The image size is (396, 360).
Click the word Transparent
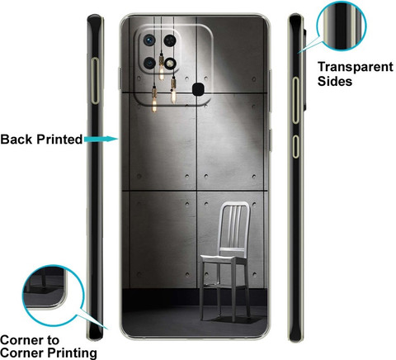[356, 67]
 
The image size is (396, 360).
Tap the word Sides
[335, 82]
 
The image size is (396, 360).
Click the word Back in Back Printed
[16, 140]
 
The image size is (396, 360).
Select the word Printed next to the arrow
[59, 140]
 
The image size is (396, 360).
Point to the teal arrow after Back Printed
[101, 139]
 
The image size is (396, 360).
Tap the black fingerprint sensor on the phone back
[198, 89]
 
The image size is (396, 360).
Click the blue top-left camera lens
[149, 40]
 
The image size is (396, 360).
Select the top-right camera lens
[170, 40]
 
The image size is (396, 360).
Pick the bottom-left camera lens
[149, 64]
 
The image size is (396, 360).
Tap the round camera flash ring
[170, 64]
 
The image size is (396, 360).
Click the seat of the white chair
[224, 259]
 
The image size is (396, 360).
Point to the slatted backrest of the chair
[234, 225]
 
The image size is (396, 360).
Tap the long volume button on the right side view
[295, 100]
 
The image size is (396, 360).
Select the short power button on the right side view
[295, 146]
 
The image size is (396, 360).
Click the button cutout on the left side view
[95, 81]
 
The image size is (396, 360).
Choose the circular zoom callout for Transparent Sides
[342, 26]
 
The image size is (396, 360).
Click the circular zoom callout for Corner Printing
[53, 296]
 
